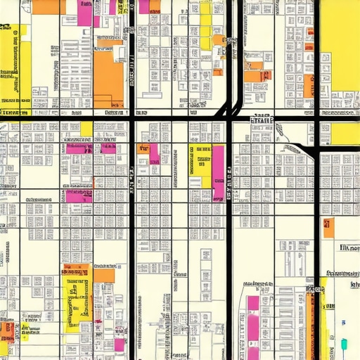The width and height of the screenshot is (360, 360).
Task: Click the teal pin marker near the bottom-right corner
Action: click(x=344, y=345)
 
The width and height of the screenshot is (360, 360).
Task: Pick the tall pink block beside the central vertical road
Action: click(x=219, y=173)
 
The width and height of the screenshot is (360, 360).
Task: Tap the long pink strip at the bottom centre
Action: click(x=252, y=330)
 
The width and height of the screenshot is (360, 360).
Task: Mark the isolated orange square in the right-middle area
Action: click(x=328, y=227)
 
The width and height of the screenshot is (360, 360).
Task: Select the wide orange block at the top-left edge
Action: click(x=46, y=6)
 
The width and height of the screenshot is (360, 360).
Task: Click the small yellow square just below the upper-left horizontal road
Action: click(x=86, y=129)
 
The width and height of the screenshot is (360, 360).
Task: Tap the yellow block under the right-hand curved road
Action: click(x=345, y=134)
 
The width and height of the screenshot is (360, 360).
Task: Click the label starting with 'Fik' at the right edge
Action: click(x=348, y=248)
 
